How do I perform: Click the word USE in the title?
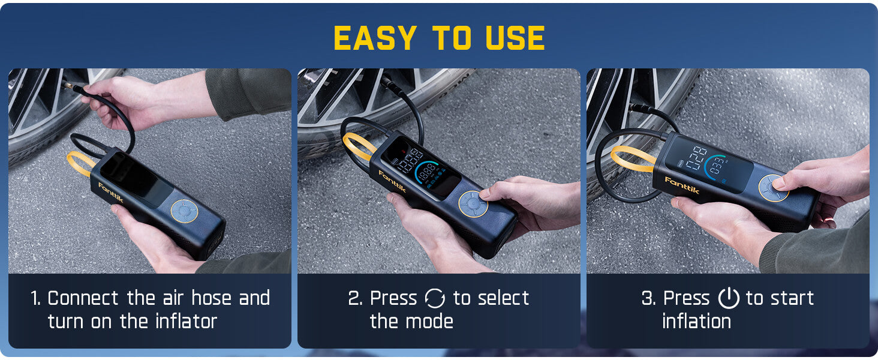pos(515,38)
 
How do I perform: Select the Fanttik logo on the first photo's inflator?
pos(110,193)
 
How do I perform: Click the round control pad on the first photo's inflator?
pos(183,211)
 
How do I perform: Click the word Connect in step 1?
pos(84,298)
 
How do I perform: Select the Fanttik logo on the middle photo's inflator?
pos(392,182)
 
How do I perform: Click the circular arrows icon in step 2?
pos(435,298)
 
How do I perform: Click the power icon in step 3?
pos(729,298)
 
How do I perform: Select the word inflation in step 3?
pos(696,322)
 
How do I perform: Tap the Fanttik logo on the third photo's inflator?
pos(681,185)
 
